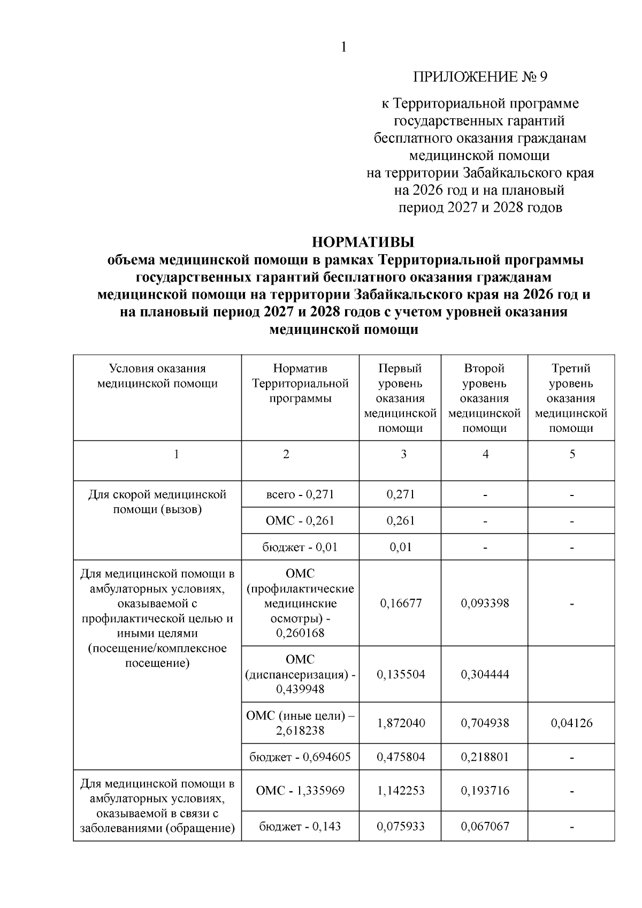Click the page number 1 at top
(343, 47)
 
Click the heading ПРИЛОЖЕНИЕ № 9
(480, 77)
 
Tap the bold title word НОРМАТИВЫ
(363, 242)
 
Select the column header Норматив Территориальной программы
(300, 383)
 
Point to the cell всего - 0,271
(300, 494)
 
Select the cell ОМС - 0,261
(300, 521)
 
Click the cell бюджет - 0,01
(300, 547)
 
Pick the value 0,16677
(401, 603)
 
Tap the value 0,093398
(485, 603)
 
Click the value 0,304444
(485, 674)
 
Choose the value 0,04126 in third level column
(571, 723)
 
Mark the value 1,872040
(401, 723)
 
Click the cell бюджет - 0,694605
(300, 757)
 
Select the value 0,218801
(485, 757)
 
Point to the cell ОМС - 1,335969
(300, 790)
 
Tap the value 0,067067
(485, 826)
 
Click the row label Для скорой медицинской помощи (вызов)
(157, 502)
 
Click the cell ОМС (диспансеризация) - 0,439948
(300, 674)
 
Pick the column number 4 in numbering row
(485, 454)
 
